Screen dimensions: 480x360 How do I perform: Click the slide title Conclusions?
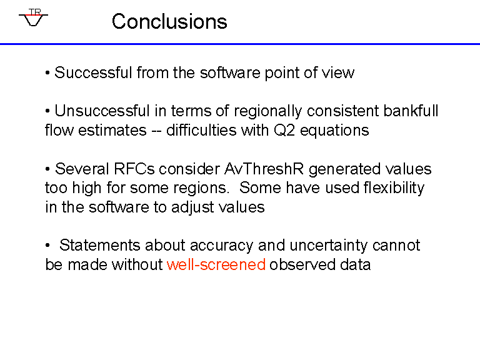[169, 21]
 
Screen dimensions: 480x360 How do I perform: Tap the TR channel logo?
[33, 17]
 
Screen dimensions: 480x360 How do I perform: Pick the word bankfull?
[411, 111]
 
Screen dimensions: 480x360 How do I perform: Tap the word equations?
[334, 131]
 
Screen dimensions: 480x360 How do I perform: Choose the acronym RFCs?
[134, 169]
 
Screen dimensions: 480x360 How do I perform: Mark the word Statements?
[100, 246]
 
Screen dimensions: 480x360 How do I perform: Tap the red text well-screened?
[216, 264]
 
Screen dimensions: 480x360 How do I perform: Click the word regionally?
[268, 111]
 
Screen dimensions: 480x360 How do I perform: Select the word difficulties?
[201, 131]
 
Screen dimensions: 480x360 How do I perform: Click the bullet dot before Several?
[47, 169]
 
